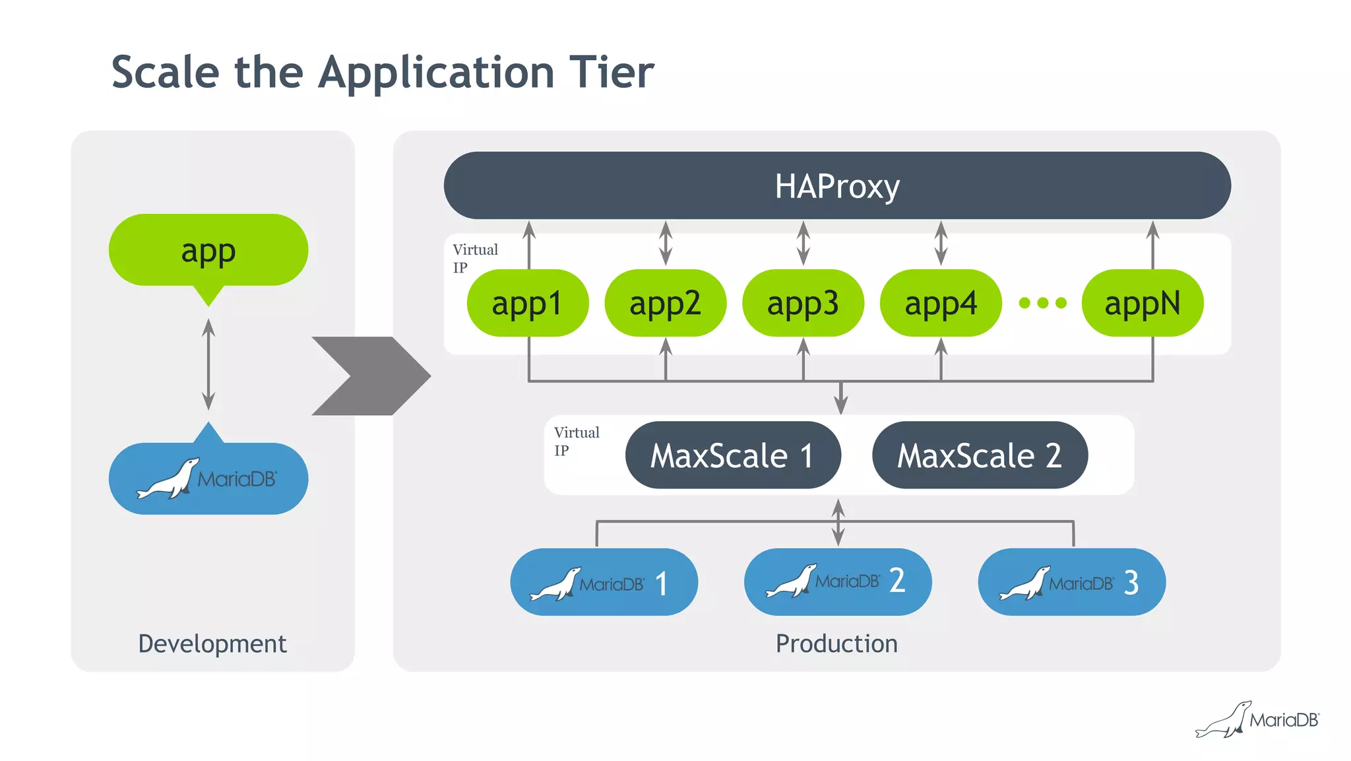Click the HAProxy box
(837, 185)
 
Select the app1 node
(528, 303)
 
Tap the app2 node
(666, 303)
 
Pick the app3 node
(803, 303)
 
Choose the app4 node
(941, 303)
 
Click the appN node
(1143, 303)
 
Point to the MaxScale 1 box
(733, 455)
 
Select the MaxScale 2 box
(980, 455)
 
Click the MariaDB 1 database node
(604, 582)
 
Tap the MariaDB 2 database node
(838, 582)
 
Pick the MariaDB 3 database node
(1072, 582)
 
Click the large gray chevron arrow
(371, 376)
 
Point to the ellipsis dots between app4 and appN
(1042, 303)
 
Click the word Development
(212, 644)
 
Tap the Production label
(836, 644)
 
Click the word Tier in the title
(612, 72)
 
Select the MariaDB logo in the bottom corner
(1257, 719)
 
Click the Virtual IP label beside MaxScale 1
(577, 442)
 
